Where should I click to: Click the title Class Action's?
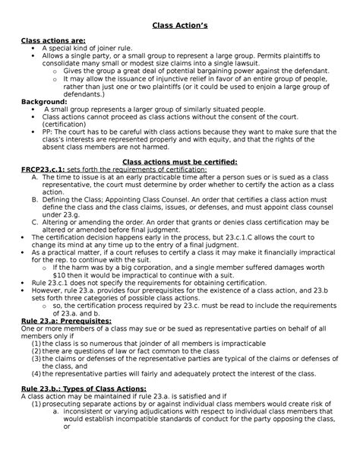179,25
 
